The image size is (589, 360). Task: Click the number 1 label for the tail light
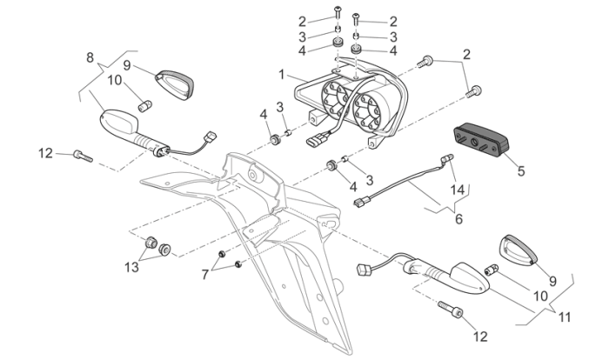[x=282, y=76]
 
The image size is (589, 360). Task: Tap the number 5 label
[x=521, y=171]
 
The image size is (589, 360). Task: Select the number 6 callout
[x=458, y=219]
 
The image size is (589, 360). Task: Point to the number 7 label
[x=205, y=275]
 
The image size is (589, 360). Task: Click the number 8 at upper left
[x=90, y=58]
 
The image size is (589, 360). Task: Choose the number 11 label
[x=565, y=317]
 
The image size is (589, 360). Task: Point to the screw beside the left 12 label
[x=82, y=156]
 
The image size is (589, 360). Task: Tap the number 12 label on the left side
[x=45, y=154]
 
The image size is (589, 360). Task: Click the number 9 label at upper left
[x=126, y=65]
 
